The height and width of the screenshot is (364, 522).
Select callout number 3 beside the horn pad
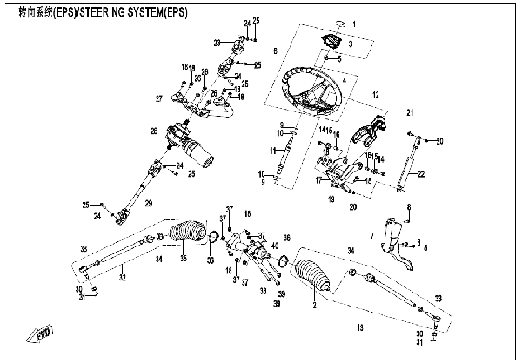coord(350,44)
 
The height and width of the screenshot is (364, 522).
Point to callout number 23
coord(216,42)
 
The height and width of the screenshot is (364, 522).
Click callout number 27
coord(159,98)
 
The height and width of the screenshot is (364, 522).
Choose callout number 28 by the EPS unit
coord(153,131)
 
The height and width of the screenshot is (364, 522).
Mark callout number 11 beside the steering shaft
coord(272,151)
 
